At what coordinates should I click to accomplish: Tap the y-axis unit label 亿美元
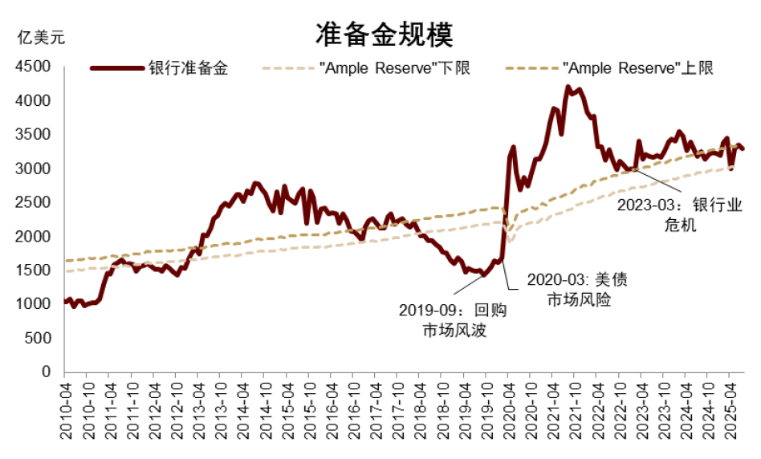click(41, 36)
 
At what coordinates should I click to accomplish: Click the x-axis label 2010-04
click(67, 409)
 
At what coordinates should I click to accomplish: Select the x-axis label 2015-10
click(309, 409)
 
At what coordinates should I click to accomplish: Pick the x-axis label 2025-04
click(729, 409)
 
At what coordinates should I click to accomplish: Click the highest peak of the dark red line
click(568, 87)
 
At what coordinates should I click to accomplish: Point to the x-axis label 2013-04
click(199, 409)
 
